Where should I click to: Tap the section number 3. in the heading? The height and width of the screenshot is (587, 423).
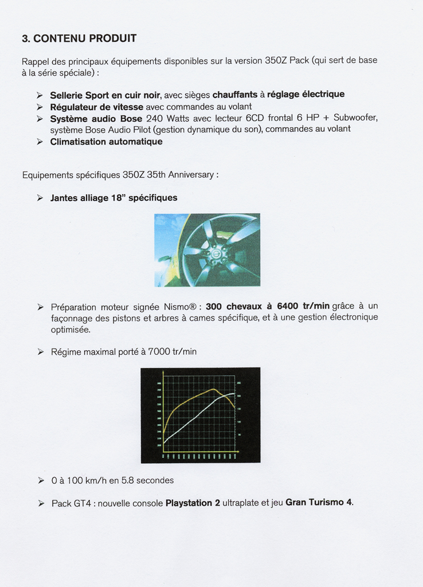pyautogui.click(x=26, y=39)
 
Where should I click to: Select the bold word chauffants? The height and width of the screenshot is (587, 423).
pyautogui.click(x=234, y=95)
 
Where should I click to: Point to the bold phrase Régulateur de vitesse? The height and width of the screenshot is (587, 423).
pyautogui.click(x=96, y=107)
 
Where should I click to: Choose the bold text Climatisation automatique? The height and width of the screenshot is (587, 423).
pyautogui.click(x=106, y=142)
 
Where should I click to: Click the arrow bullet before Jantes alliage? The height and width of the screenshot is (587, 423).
pyautogui.click(x=40, y=198)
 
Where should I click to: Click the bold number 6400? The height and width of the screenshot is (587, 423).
pyautogui.click(x=287, y=307)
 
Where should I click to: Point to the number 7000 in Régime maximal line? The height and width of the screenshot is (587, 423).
pyautogui.click(x=159, y=351)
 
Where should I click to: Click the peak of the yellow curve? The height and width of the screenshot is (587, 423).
pyautogui.click(x=214, y=389)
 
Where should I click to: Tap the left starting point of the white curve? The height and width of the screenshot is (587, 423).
pyautogui.click(x=164, y=442)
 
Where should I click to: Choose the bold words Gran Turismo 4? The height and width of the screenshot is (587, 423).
pyautogui.click(x=319, y=503)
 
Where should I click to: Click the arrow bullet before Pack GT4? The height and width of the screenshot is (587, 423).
pyautogui.click(x=40, y=503)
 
